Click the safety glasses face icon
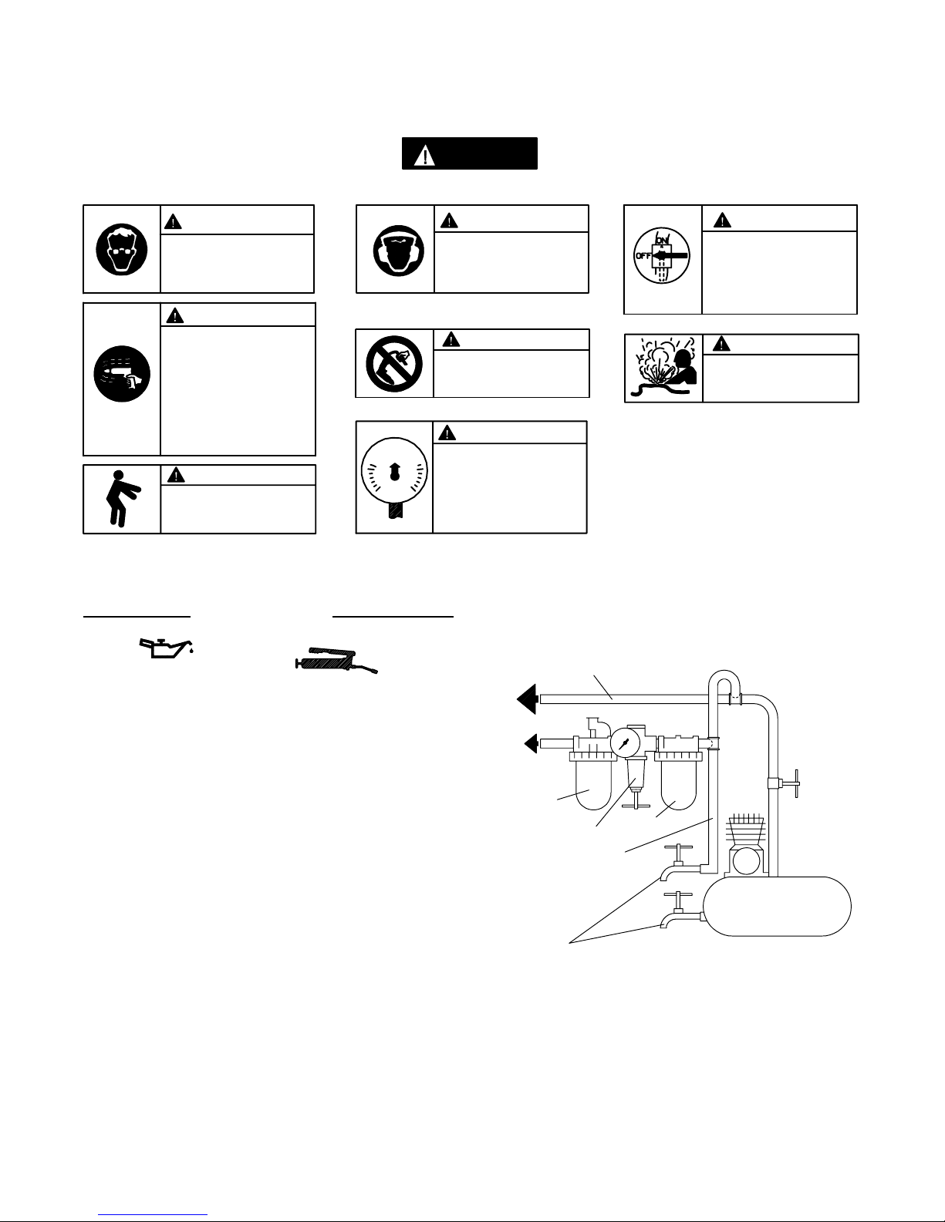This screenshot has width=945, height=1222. (122, 250)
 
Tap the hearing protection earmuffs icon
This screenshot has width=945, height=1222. (399, 251)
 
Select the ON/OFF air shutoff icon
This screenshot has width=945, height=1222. (662, 256)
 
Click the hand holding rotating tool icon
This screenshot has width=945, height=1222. (122, 374)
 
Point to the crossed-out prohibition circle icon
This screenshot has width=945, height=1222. (394, 364)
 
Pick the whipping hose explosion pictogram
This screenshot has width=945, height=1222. (664, 369)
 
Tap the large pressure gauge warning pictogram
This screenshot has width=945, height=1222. (394, 477)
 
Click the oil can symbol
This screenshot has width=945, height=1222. (167, 648)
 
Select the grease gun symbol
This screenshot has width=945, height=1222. (336, 660)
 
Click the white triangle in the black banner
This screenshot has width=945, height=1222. (425, 155)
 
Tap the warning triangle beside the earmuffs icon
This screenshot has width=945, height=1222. (449, 220)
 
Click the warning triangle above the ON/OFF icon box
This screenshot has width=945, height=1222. (722, 220)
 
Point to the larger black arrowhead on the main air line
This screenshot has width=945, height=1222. (528, 699)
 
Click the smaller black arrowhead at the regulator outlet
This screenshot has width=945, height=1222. (532, 743)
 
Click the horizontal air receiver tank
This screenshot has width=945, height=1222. (777, 906)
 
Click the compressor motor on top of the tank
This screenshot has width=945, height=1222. (746, 845)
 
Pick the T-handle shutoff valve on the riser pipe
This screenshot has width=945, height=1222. (784, 783)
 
